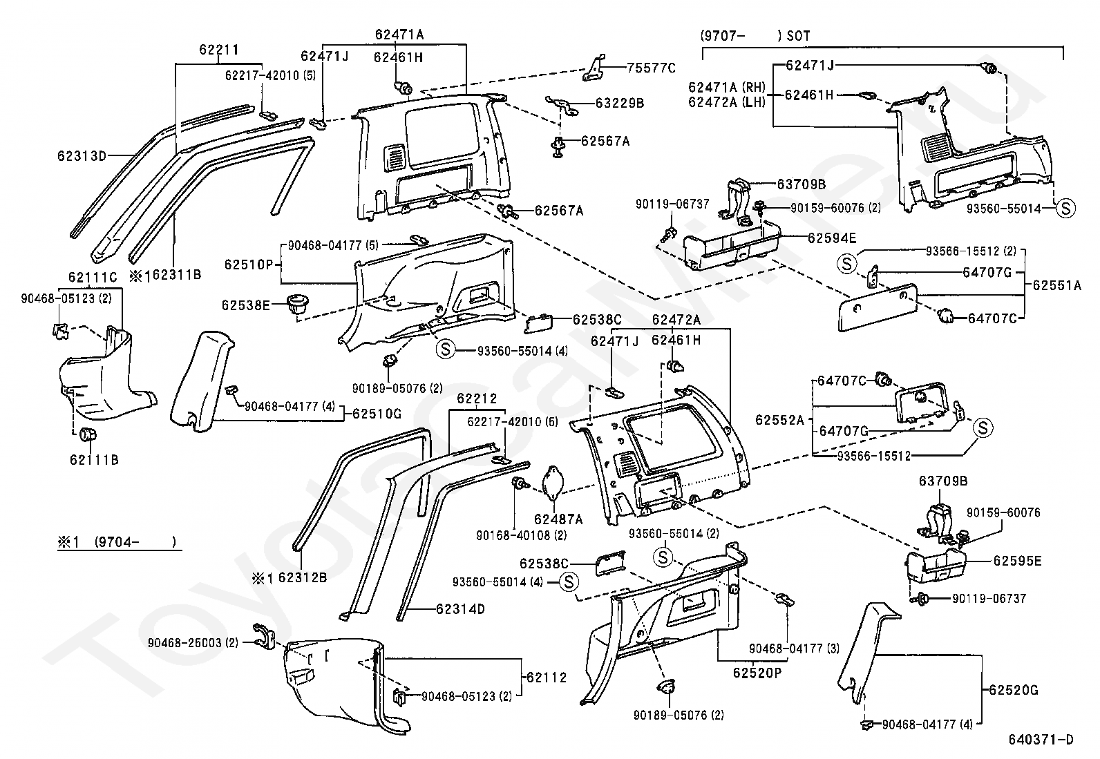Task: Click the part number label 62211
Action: point(219,50)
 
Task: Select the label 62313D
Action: point(82,155)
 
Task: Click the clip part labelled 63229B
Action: point(565,105)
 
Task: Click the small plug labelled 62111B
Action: point(88,435)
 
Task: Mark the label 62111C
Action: point(93,278)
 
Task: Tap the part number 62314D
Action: point(460,609)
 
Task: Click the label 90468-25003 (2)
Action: point(193,642)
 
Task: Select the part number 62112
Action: point(546,678)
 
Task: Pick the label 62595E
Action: point(1017,561)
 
